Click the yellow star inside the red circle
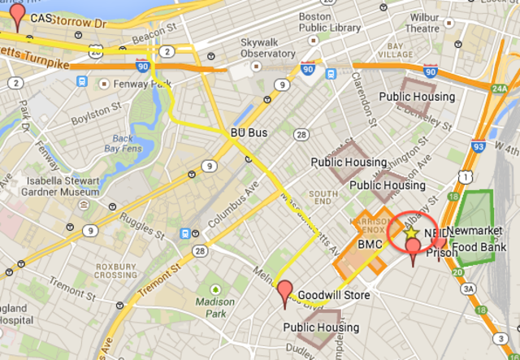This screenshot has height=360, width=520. pos(411,233)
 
